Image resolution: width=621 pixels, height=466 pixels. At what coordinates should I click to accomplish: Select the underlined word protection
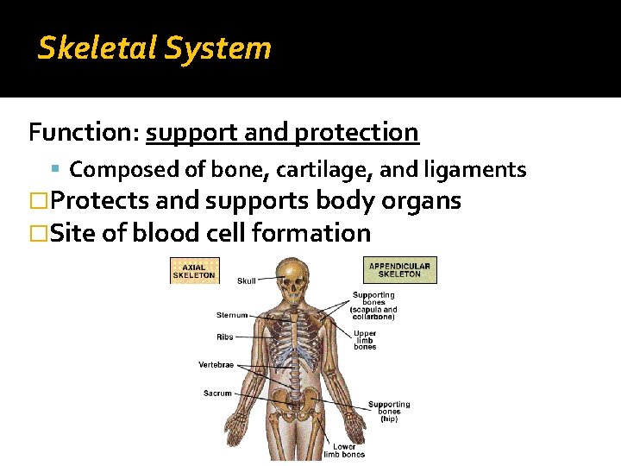click(356, 133)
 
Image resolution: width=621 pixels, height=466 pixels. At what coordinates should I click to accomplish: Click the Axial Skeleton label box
click(194, 270)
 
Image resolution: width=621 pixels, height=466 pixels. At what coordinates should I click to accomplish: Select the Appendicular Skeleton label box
click(401, 270)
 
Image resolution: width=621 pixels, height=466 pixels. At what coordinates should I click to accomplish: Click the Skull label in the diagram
click(246, 280)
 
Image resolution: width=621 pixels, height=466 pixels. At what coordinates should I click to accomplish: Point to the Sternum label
click(232, 315)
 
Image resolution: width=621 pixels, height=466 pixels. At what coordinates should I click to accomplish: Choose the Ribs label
click(224, 337)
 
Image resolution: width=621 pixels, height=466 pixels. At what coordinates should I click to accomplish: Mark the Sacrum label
click(217, 394)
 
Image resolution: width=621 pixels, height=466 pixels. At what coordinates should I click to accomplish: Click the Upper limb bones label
click(365, 340)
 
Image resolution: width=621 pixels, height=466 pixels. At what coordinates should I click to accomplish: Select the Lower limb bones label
click(344, 450)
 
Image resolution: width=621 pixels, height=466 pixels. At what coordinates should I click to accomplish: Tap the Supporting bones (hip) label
click(389, 412)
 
